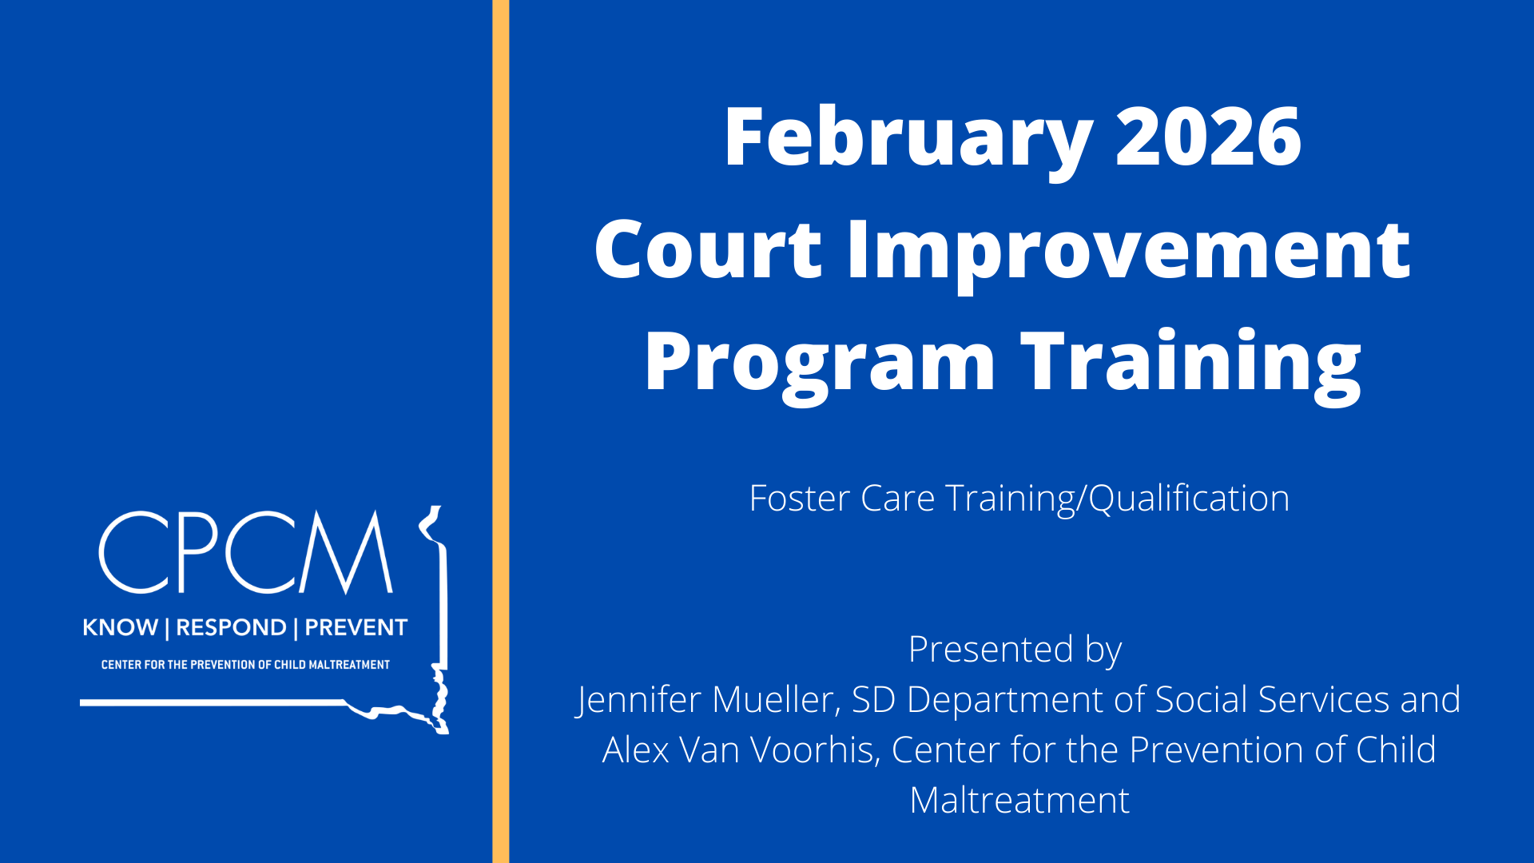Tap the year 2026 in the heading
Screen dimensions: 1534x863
pos(1209,137)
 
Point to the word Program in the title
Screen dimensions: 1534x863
pos(820,364)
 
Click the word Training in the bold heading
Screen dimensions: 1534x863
pos(1191,364)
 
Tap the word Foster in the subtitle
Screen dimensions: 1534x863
pos(800,499)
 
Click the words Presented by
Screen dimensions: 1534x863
pos(1015,650)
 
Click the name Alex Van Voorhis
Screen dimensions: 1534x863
pos(740,750)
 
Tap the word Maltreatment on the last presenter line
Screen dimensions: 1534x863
pos(1019,801)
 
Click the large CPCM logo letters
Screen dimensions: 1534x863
pos(246,552)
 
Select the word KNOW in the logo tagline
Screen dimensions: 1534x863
pos(120,627)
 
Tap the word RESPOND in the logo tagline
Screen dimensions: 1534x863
pos(231,627)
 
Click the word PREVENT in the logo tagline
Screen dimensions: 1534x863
pos(356,627)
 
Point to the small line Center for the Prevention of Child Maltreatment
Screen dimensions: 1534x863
pos(245,665)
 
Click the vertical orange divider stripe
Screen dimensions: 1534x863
pos(501,431)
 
